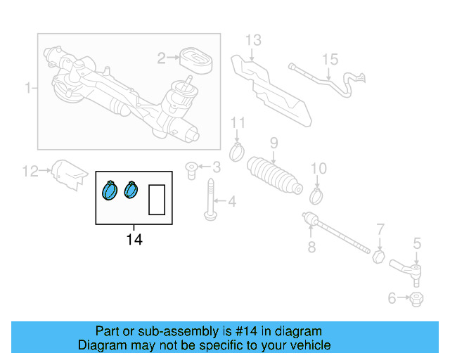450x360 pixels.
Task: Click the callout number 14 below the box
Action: click(x=134, y=240)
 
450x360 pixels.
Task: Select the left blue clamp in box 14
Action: click(x=110, y=190)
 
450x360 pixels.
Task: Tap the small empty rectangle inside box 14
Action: click(x=156, y=199)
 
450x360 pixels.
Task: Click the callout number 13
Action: click(x=252, y=40)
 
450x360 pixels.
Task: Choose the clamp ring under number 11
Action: click(x=238, y=150)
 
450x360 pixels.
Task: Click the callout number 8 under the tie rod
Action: click(x=311, y=247)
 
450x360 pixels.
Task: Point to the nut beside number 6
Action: click(x=416, y=299)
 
